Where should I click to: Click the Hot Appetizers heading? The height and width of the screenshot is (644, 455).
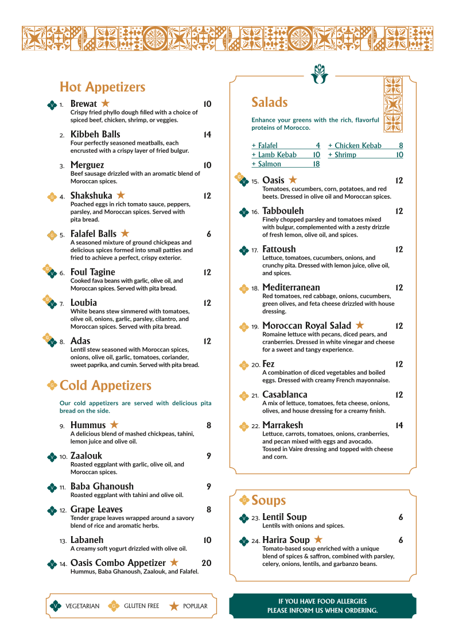point(102,87)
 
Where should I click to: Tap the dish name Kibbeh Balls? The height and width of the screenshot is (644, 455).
point(95,135)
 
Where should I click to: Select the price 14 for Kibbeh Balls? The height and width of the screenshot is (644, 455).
point(207,135)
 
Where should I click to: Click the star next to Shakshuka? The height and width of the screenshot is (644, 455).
point(120,196)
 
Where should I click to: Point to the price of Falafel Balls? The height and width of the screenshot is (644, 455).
point(209,234)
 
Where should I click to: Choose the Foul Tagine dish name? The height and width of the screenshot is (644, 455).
point(92,272)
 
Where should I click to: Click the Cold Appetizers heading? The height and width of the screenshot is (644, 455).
point(106,385)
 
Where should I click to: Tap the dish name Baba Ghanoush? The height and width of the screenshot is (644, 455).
point(102,487)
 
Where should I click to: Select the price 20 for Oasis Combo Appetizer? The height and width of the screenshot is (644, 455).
point(206,563)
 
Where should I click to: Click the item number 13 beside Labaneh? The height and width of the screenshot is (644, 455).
point(63,541)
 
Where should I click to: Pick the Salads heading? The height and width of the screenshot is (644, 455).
point(269,103)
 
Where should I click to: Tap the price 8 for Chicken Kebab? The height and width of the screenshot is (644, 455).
point(400,146)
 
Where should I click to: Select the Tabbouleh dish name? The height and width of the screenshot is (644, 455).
point(283,211)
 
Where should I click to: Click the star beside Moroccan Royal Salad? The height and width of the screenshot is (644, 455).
point(360,325)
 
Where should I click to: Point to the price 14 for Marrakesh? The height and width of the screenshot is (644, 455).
point(399,425)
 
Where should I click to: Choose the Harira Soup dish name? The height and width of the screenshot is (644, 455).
point(286,540)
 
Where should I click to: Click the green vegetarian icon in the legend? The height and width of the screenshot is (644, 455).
point(56,606)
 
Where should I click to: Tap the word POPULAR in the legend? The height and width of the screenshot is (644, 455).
point(195,606)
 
